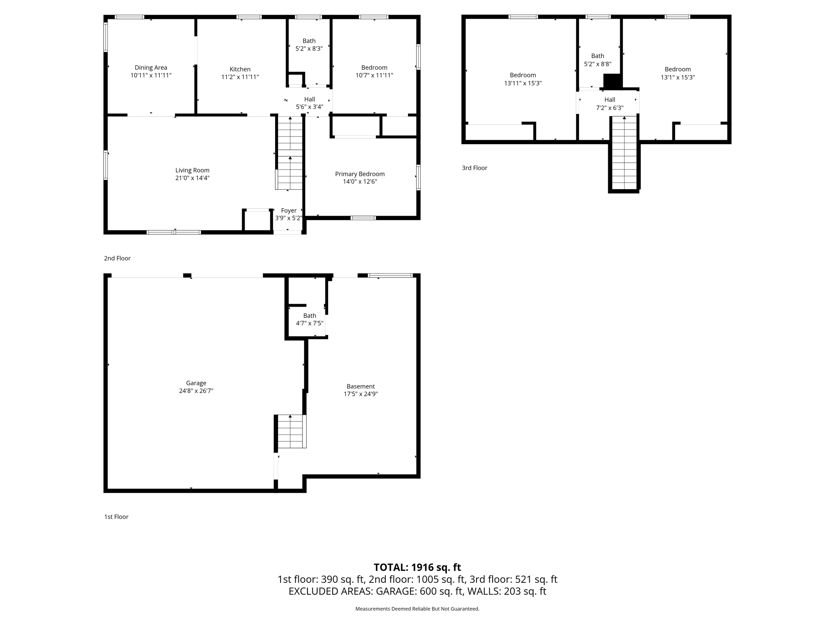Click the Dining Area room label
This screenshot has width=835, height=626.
pos(151,68)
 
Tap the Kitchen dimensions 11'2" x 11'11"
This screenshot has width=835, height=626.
pos(240,77)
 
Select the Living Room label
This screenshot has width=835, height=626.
pos(192,170)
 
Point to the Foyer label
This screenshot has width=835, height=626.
pos(289,211)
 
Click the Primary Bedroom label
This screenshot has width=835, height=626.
pos(360,174)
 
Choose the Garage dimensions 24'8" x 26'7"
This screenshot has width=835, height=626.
pos(196,391)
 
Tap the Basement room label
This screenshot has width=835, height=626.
pos(360,386)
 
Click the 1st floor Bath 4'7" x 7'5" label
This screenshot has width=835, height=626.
pos(309,320)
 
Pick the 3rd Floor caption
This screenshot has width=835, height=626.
pos(474,168)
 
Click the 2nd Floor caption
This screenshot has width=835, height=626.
pos(117,258)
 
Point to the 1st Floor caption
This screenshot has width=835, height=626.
pos(116,517)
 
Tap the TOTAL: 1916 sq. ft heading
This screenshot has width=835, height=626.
pos(417,567)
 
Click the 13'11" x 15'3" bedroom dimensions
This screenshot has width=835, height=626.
pos(523,83)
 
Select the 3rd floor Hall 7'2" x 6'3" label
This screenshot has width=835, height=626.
pos(610,104)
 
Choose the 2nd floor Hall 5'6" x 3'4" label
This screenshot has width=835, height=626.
pos(309,103)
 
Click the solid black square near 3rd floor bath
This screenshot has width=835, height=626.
pos(611,81)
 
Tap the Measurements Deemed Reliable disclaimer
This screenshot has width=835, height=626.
pos(417,609)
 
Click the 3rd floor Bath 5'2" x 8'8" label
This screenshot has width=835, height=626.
pos(597,60)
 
